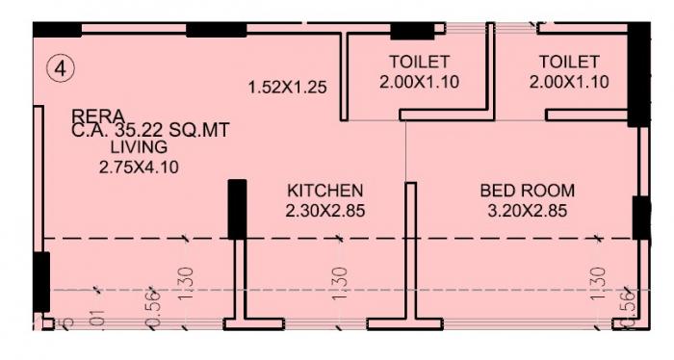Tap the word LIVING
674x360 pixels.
coord(139,147)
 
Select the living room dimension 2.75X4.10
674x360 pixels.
coord(139,167)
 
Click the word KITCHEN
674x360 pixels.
coord(325,190)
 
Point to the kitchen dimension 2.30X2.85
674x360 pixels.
coord(325,209)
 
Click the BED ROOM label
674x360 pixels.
coord(528,190)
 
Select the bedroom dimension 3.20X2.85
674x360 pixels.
coord(528,209)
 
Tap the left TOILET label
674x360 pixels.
coord(420,63)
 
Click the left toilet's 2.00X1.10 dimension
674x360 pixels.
coord(420,83)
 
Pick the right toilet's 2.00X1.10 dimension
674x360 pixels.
coord(569,83)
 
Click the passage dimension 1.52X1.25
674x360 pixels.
coord(287,87)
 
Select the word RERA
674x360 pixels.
coord(97,116)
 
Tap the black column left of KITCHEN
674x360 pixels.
coord(237,209)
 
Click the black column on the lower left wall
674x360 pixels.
coord(40,282)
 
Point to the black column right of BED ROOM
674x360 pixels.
coord(641,217)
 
